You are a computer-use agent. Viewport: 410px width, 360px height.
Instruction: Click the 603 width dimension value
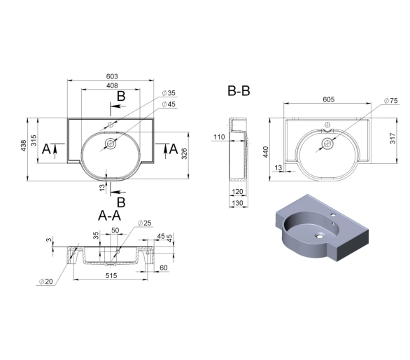click(112, 76)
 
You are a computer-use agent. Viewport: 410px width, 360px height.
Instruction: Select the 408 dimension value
click(112, 85)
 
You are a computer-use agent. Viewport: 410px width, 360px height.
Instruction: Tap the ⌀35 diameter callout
click(169, 93)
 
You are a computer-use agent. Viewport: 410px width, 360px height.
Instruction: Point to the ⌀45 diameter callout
click(169, 104)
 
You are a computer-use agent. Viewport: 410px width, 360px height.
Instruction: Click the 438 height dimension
click(24, 146)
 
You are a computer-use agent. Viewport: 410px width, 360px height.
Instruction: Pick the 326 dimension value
click(184, 153)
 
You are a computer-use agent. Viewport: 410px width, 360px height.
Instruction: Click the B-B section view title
click(239, 91)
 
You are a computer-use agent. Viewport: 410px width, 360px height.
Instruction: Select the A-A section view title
click(109, 216)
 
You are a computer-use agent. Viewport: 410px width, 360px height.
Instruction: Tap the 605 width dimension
click(328, 99)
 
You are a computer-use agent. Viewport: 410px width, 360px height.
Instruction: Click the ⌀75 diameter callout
click(390, 101)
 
